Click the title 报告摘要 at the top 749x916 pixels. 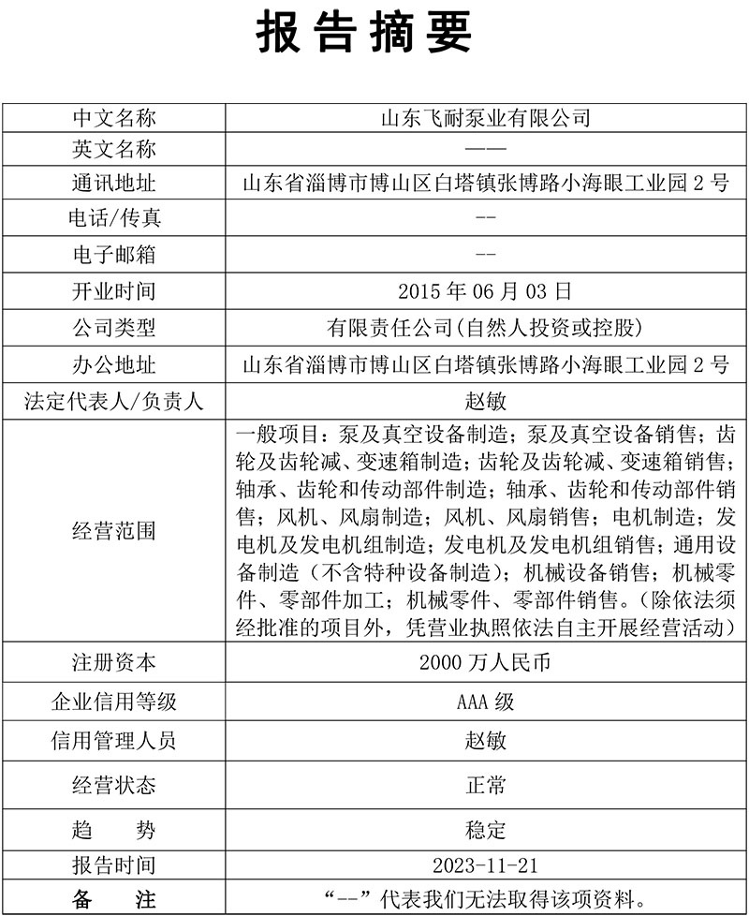click(364, 35)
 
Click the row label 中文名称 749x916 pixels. click(114, 118)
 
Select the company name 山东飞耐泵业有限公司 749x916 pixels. click(485, 118)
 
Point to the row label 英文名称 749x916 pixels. click(114, 150)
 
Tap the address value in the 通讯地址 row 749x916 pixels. click(485, 184)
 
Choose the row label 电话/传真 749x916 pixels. click(114, 218)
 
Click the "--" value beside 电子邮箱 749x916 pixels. click(485, 253)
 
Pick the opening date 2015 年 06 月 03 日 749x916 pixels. click(485, 291)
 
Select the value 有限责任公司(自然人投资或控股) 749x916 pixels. click(485, 328)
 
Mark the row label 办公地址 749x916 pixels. click(114, 364)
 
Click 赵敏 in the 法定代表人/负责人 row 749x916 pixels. click(485, 402)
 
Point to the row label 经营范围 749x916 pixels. click(114, 531)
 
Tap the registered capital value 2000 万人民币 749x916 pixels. click(485, 663)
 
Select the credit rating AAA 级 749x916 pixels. click(485, 702)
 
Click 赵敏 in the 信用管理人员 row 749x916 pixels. click(485, 741)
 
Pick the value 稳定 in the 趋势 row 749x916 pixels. click(485, 830)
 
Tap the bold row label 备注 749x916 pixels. click(114, 901)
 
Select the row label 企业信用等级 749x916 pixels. click(114, 702)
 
